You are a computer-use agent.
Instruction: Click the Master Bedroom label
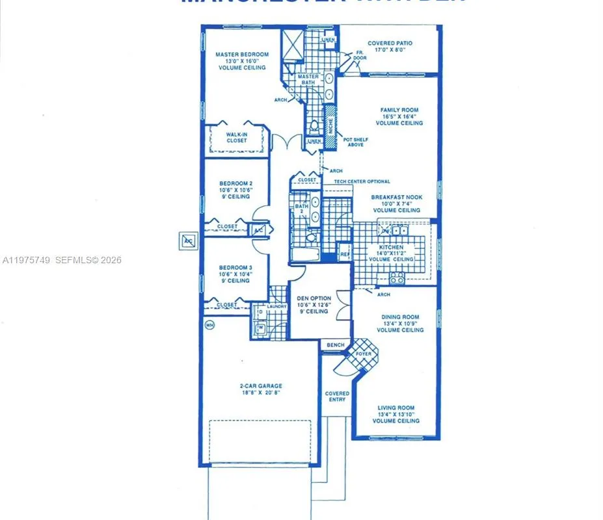(x=242, y=55)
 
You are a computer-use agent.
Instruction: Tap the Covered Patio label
(x=390, y=44)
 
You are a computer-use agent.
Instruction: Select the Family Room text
(x=399, y=110)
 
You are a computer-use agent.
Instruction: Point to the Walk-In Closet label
(x=237, y=137)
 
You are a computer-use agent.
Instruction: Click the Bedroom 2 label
(x=235, y=183)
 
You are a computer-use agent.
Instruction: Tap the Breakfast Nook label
(x=396, y=197)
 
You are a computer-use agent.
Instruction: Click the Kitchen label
(x=392, y=248)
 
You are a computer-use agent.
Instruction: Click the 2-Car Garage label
(x=260, y=385)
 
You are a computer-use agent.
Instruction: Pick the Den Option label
(x=314, y=298)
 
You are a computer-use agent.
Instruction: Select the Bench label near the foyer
(x=336, y=345)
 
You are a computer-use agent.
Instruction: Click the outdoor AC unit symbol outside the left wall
(x=188, y=240)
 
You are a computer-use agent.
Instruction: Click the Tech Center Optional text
(x=362, y=182)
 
